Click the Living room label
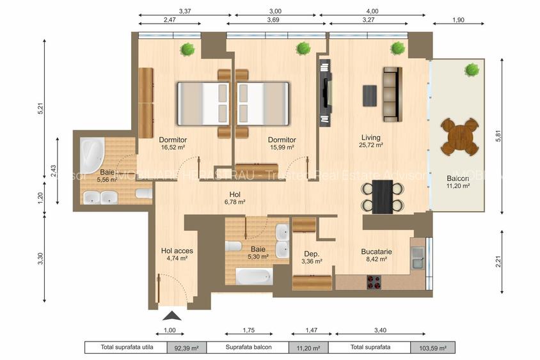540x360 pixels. (x=371, y=137)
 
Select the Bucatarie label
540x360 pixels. (x=376, y=251)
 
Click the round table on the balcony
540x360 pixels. (x=459, y=136)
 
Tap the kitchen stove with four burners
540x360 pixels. (x=374, y=281)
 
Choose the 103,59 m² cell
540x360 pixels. (x=433, y=348)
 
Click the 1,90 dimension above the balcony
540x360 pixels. (x=458, y=20)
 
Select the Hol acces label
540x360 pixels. (x=177, y=251)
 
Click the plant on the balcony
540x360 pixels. (x=472, y=68)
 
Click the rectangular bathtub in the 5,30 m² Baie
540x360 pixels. (x=253, y=277)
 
